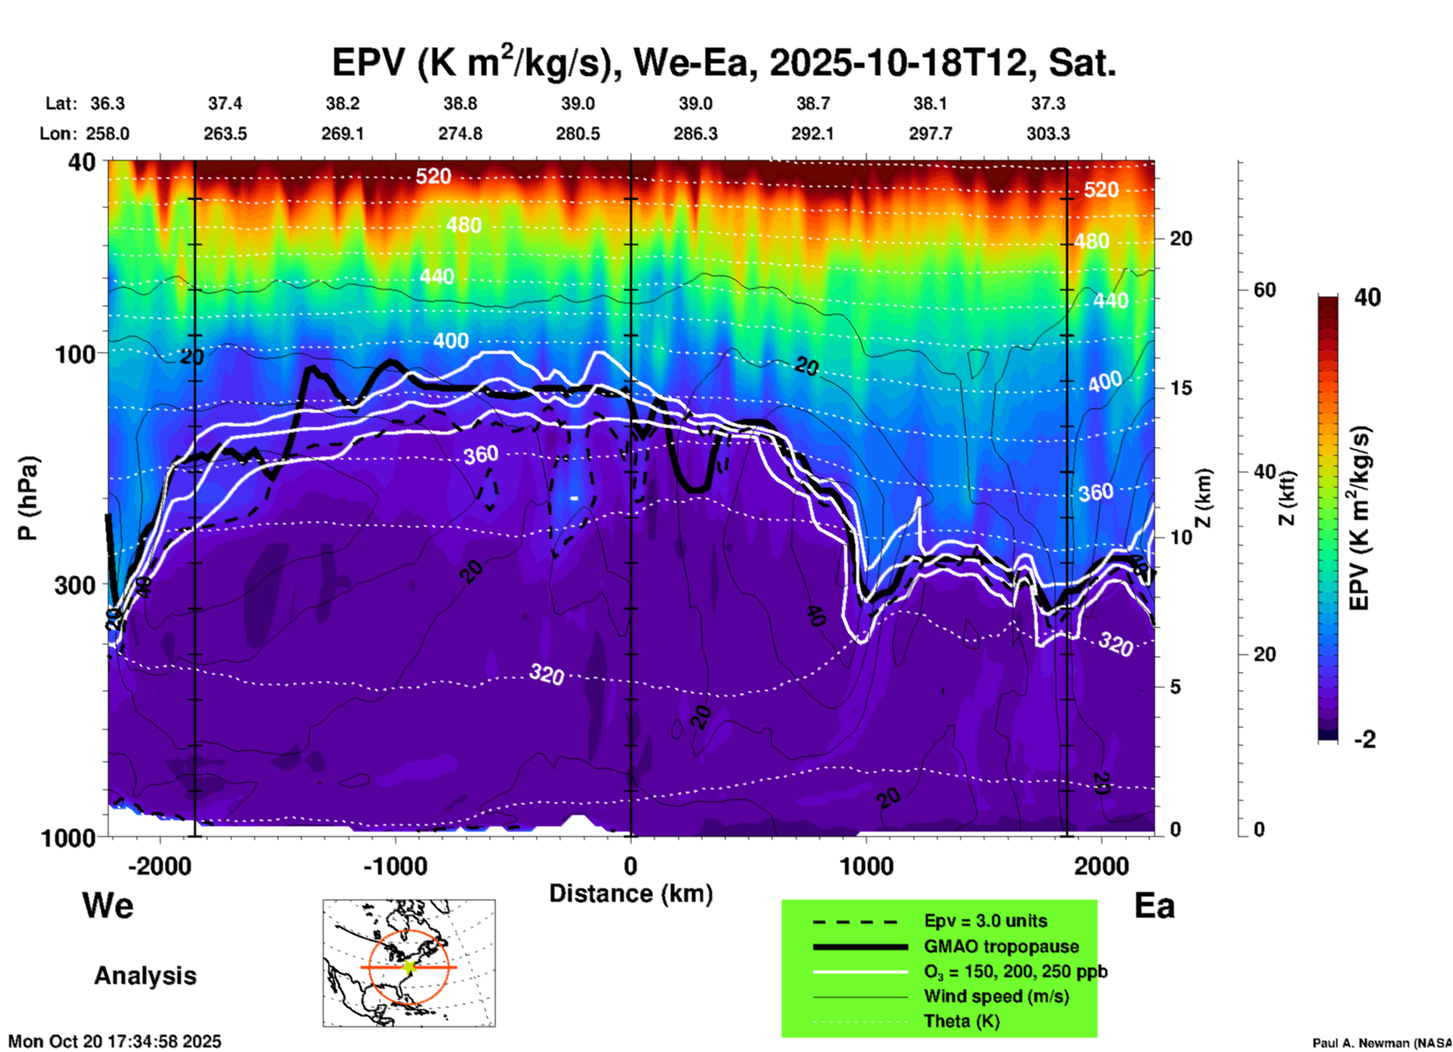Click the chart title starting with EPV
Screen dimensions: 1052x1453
coord(724,63)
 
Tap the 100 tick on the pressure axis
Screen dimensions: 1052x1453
coord(75,354)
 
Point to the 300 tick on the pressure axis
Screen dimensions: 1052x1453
coord(75,585)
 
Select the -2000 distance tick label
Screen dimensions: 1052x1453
coord(160,866)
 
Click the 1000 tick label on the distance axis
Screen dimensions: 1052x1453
coord(867,866)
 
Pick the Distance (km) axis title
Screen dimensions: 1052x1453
coord(631,894)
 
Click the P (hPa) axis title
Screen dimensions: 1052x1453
coord(27,498)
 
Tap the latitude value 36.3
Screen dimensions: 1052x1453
coord(108,103)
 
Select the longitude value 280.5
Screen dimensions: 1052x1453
coord(578,134)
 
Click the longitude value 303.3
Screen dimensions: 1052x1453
coord(1048,134)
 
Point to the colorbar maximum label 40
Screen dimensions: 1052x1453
coord(1367,297)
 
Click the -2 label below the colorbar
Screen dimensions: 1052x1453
coord(1365,740)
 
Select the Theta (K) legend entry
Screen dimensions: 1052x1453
coord(961,1021)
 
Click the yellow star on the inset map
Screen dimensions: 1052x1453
coord(409,967)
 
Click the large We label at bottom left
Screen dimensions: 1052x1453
coord(108,906)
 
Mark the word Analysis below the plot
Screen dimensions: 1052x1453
coord(145,976)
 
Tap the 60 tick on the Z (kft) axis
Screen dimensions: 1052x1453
coord(1264,290)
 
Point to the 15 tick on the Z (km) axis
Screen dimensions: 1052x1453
coord(1181,388)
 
